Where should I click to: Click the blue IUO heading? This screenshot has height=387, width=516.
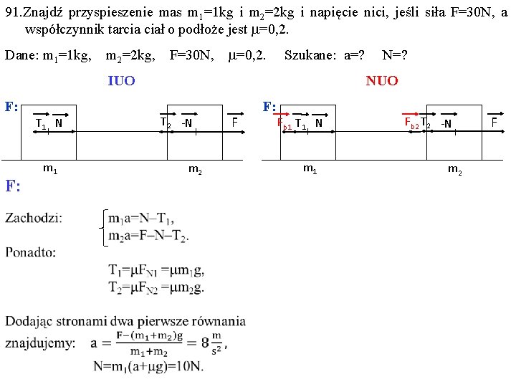121,80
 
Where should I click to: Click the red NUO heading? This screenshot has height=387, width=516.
382,80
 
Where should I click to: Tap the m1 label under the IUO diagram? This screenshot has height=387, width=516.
50,169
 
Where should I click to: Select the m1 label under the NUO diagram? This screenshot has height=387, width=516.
310,169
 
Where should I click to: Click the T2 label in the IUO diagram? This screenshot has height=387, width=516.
166,123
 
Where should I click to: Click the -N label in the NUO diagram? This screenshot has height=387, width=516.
446,123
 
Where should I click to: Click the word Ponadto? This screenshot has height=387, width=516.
30,252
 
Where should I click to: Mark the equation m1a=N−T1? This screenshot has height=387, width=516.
143,219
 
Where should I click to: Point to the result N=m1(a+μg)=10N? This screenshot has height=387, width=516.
148,366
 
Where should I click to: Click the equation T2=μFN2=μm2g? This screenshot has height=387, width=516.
156,288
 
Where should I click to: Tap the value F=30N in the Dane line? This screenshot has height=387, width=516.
191,54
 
